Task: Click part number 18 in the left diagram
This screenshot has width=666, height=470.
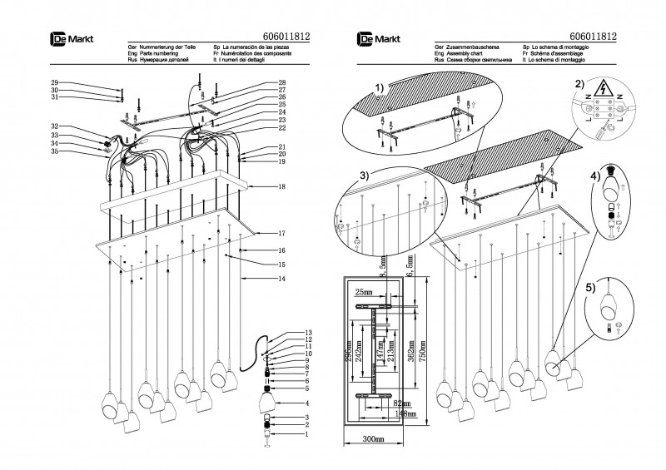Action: click(x=282, y=186)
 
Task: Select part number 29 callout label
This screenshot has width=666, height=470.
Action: click(x=54, y=82)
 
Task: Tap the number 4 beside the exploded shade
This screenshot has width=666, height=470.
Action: click(x=282, y=403)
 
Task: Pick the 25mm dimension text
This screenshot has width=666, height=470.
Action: click(x=362, y=292)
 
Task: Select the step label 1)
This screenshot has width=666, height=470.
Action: click(x=380, y=87)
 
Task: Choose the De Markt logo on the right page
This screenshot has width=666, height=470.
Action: click(x=375, y=37)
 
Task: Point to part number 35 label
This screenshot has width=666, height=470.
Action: click(x=54, y=151)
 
